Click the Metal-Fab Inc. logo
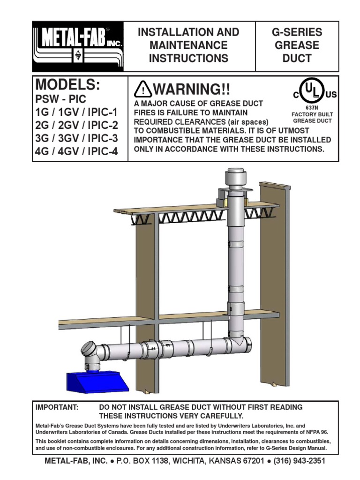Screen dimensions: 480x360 click(77, 46)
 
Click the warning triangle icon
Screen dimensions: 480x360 click(142, 90)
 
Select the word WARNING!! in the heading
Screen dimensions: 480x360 click(191, 89)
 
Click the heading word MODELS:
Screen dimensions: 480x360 click(68, 86)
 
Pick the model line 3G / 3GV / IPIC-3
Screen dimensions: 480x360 click(77, 139)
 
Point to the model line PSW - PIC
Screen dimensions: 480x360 click(61, 100)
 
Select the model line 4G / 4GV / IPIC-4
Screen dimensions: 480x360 click(77, 152)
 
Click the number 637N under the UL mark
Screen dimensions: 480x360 click(312, 107)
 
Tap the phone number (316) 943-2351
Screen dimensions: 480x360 click(295, 461)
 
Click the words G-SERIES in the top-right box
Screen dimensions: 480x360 click(297, 32)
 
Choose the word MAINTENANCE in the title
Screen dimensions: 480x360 click(188, 45)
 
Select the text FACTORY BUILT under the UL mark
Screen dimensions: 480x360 click(312, 114)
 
